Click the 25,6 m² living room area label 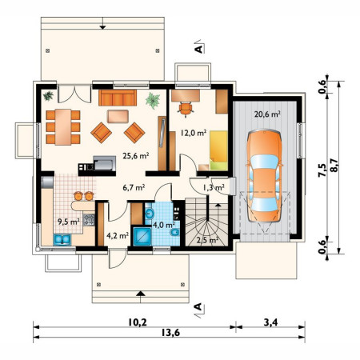point(136,155)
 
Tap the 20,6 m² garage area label point(267,114)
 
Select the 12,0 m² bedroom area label point(194,133)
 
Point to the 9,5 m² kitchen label point(69,222)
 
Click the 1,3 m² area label point(214,187)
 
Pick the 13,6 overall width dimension point(170,333)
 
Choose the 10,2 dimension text point(138,322)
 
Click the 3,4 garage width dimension point(270,322)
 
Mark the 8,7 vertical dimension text point(334,166)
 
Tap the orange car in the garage point(264,175)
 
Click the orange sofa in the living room point(118,98)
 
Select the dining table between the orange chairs point(63,126)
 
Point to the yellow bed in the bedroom point(218,150)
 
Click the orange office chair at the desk point(186,109)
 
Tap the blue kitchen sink point(62,239)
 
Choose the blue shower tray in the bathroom point(142,236)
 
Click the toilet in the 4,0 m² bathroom point(174,232)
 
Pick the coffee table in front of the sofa point(118,116)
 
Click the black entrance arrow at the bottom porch point(141,294)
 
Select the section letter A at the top point(198,49)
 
